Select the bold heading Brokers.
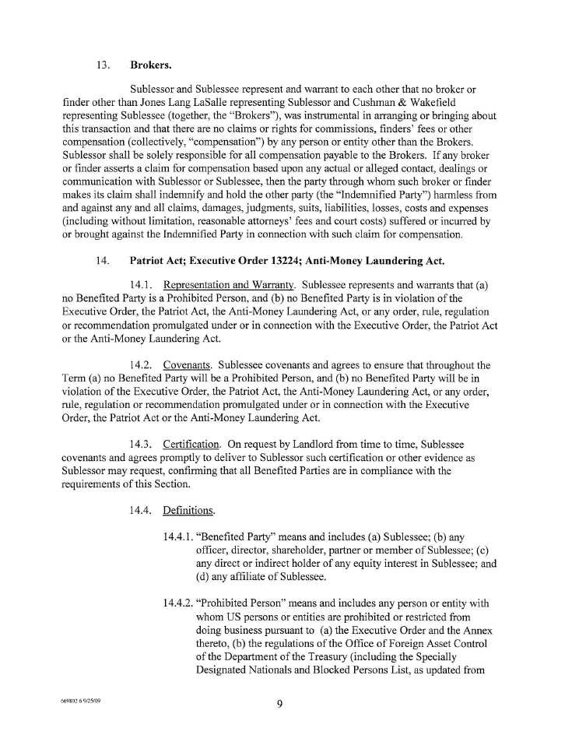[x=151, y=65]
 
